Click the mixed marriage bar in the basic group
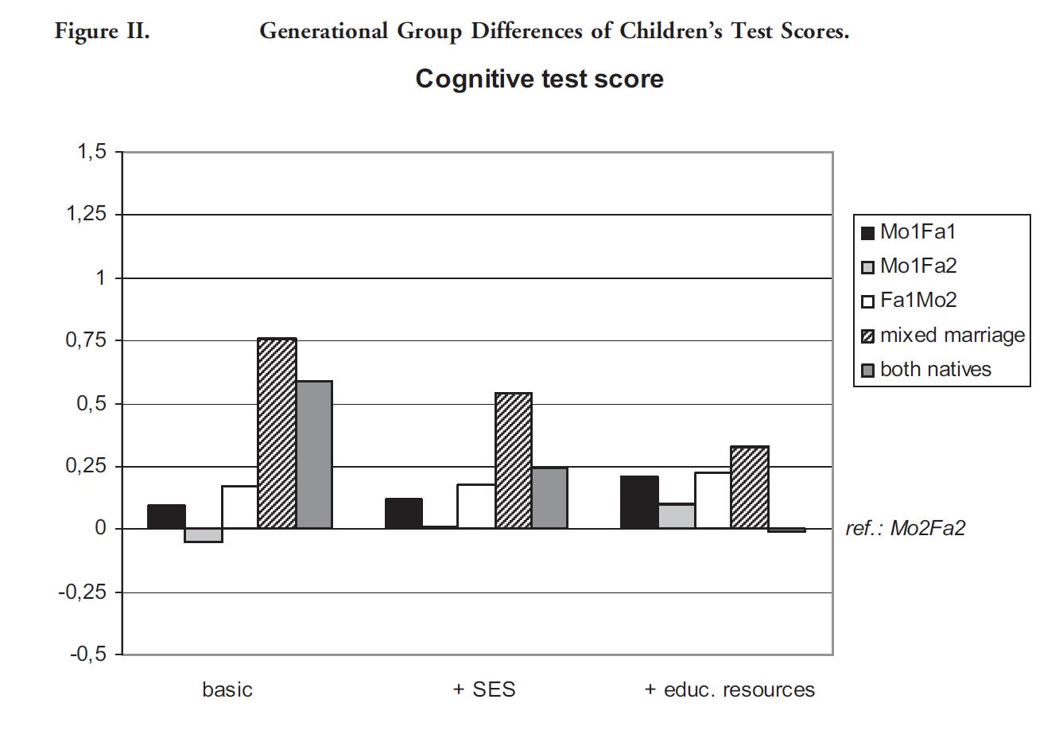coord(277,433)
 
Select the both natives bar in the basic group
coord(314,455)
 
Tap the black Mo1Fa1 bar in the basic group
coord(166,517)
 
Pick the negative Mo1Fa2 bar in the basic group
coord(204,535)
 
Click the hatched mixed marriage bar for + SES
coord(513,460)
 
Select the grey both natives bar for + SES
coord(549,498)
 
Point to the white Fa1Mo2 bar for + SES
coord(475,506)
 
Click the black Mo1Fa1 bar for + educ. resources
coord(639,502)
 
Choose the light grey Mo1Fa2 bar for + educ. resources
coord(676,515)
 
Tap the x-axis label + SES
coord(483,689)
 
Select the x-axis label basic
coord(227,689)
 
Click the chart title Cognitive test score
coord(539,79)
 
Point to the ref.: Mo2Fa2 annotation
coord(905,529)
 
